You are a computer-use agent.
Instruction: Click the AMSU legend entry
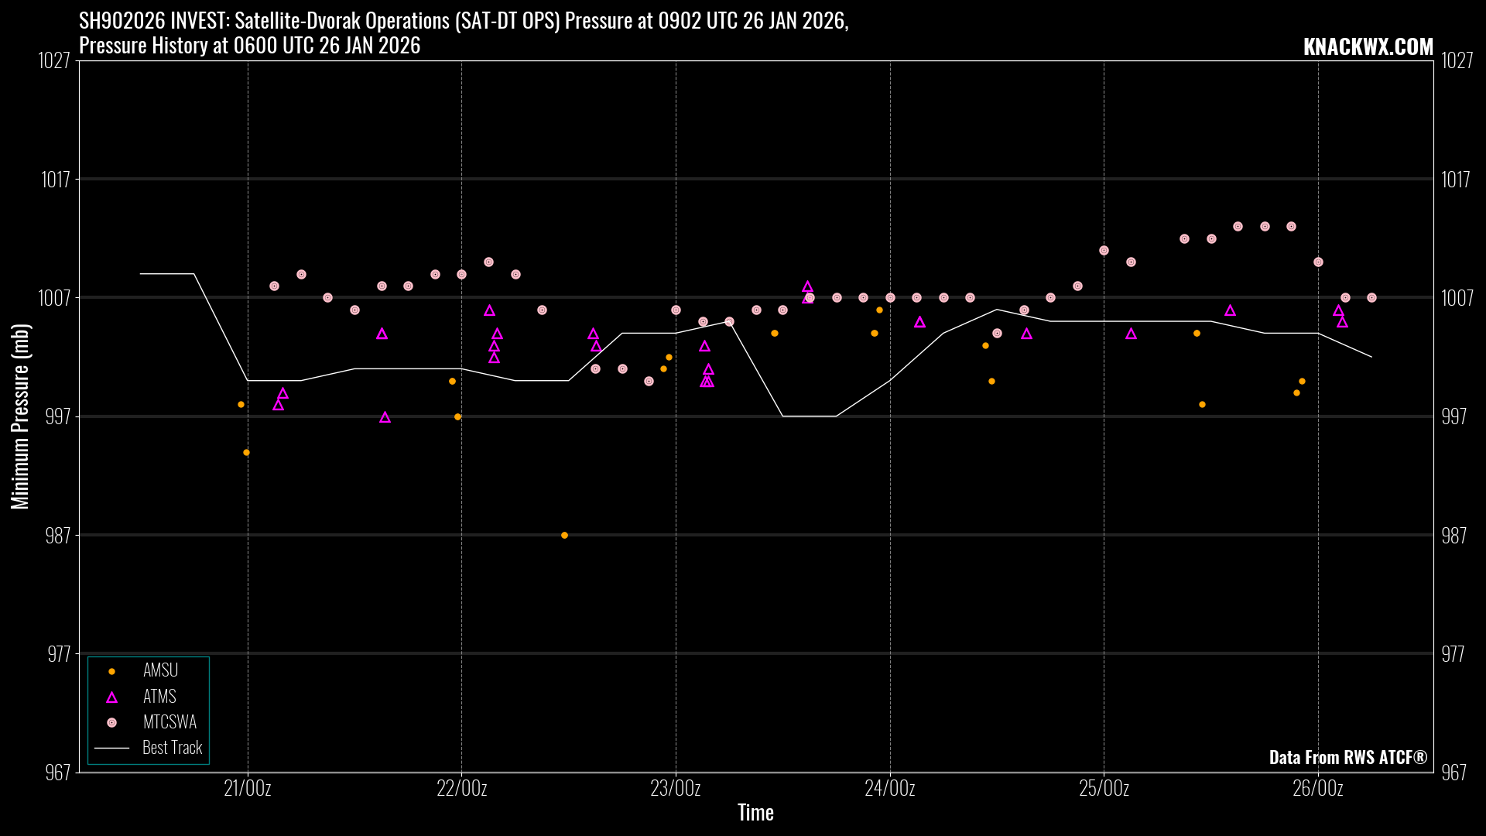(160, 670)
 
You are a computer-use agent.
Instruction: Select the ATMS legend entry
(159, 697)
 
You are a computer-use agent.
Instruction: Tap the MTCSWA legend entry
(169, 722)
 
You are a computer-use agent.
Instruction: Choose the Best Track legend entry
(172, 748)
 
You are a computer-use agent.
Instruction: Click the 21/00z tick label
(248, 789)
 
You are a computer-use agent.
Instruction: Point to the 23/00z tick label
(676, 789)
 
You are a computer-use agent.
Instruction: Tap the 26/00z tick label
(1318, 789)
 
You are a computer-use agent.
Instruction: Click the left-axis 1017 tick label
(56, 180)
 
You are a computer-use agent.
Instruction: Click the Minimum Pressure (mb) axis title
(20, 416)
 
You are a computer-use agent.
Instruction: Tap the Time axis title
(755, 813)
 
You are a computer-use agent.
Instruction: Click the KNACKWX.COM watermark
(1368, 47)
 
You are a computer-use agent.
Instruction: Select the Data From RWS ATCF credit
(1347, 757)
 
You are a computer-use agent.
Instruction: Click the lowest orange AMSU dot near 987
(564, 535)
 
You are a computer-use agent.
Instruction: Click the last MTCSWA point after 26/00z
(1371, 298)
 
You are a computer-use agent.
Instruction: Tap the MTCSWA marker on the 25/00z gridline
(1104, 251)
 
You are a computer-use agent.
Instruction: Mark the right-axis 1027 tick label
(1457, 60)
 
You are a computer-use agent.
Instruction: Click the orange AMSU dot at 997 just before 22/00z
(457, 416)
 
